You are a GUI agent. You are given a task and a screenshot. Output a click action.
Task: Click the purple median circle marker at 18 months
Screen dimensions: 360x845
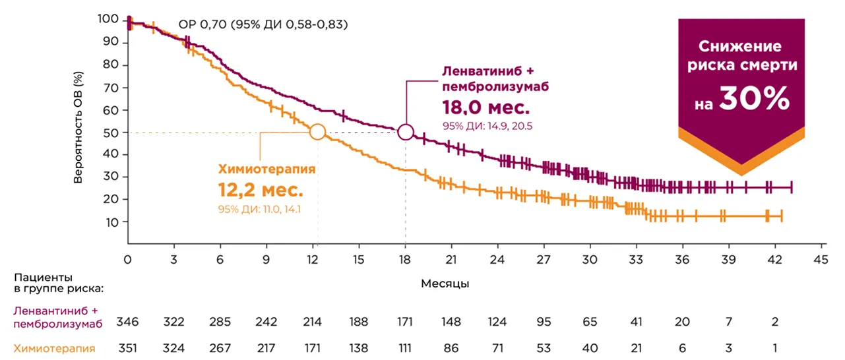point(406,133)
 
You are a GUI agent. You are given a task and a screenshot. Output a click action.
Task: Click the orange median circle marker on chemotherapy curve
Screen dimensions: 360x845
point(317,132)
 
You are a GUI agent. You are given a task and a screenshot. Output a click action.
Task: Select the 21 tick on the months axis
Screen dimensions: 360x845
point(452,260)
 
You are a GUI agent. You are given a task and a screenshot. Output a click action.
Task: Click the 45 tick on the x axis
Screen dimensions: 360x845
point(821,260)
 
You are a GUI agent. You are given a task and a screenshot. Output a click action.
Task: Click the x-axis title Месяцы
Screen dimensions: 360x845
point(445,284)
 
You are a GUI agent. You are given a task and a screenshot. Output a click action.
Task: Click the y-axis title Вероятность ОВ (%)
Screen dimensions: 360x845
point(78,131)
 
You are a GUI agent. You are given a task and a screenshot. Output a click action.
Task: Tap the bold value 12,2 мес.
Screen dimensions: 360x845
point(261,191)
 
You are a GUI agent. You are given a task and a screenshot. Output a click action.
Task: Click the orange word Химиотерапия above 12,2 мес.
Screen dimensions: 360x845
point(266,168)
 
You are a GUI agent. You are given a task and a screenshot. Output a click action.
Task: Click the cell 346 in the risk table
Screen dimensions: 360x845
point(128,322)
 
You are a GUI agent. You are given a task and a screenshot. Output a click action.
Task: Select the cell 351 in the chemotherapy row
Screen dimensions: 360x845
point(128,347)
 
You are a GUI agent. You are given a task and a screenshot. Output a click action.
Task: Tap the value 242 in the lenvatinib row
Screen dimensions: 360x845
point(266,322)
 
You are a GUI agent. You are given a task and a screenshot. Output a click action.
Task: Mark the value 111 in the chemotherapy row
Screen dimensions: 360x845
point(405,347)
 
